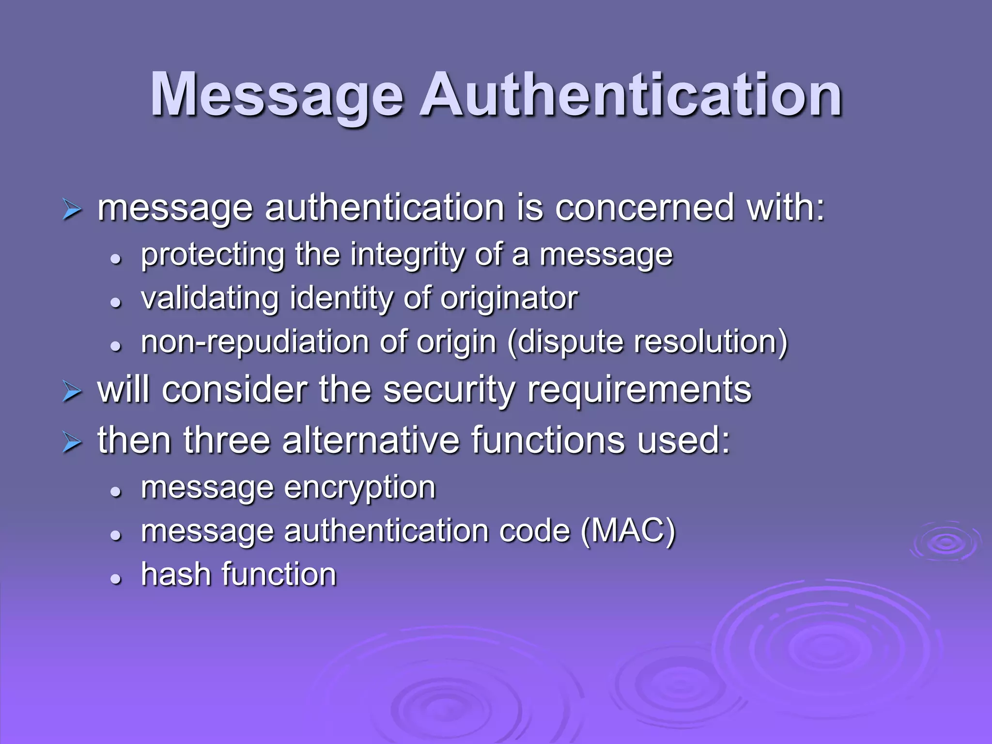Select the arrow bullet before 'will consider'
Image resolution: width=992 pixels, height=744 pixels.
[x=72, y=392]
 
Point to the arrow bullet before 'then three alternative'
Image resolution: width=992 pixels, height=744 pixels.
[x=72, y=443]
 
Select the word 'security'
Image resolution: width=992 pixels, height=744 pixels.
[x=449, y=390]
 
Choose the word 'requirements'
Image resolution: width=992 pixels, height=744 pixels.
[x=639, y=390]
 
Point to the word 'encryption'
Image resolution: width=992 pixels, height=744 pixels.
[x=360, y=488]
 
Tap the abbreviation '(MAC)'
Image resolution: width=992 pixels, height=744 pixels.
[x=628, y=531]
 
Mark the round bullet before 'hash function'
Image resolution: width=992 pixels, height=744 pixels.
[x=115, y=578]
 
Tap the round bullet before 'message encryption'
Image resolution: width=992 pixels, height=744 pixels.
[x=115, y=492]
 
